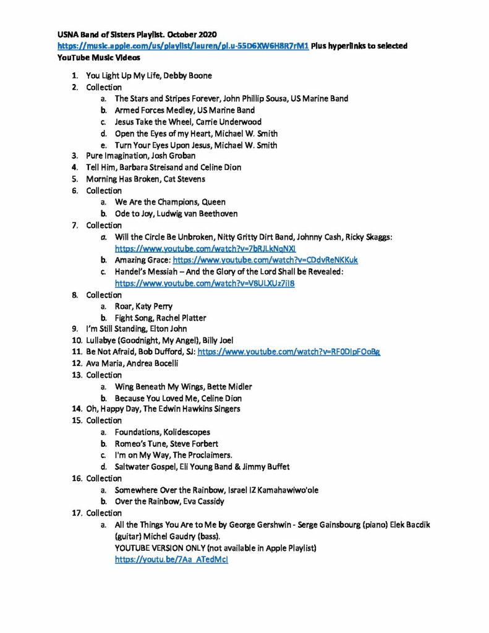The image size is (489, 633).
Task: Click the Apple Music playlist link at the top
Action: click(183, 46)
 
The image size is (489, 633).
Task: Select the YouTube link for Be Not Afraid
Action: click(289, 352)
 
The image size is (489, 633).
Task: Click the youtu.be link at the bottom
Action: click(171, 560)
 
